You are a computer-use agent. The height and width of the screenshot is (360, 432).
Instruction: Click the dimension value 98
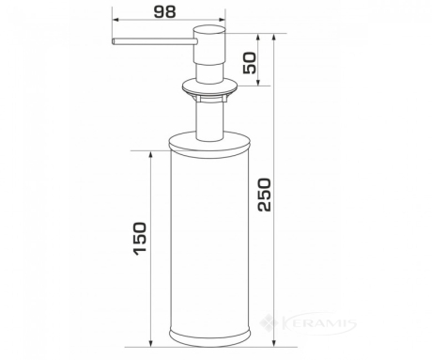(165, 11)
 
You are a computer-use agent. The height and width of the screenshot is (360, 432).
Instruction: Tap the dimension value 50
(250, 63)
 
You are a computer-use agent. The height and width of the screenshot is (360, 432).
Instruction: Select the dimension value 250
(265, 195)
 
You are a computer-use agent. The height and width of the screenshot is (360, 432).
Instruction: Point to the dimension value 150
(140, 239)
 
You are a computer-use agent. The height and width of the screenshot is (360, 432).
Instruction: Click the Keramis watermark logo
(308, 323)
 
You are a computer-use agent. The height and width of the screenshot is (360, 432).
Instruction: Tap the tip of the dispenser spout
(113, 41)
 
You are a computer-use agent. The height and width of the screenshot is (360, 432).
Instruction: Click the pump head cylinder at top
(209, 44)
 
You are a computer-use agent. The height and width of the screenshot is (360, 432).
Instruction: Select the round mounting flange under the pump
(209, 87)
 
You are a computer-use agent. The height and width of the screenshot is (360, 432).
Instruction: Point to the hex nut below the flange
(209, 100)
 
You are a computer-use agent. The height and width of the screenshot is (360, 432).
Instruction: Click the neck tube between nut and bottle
(209, 121)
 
